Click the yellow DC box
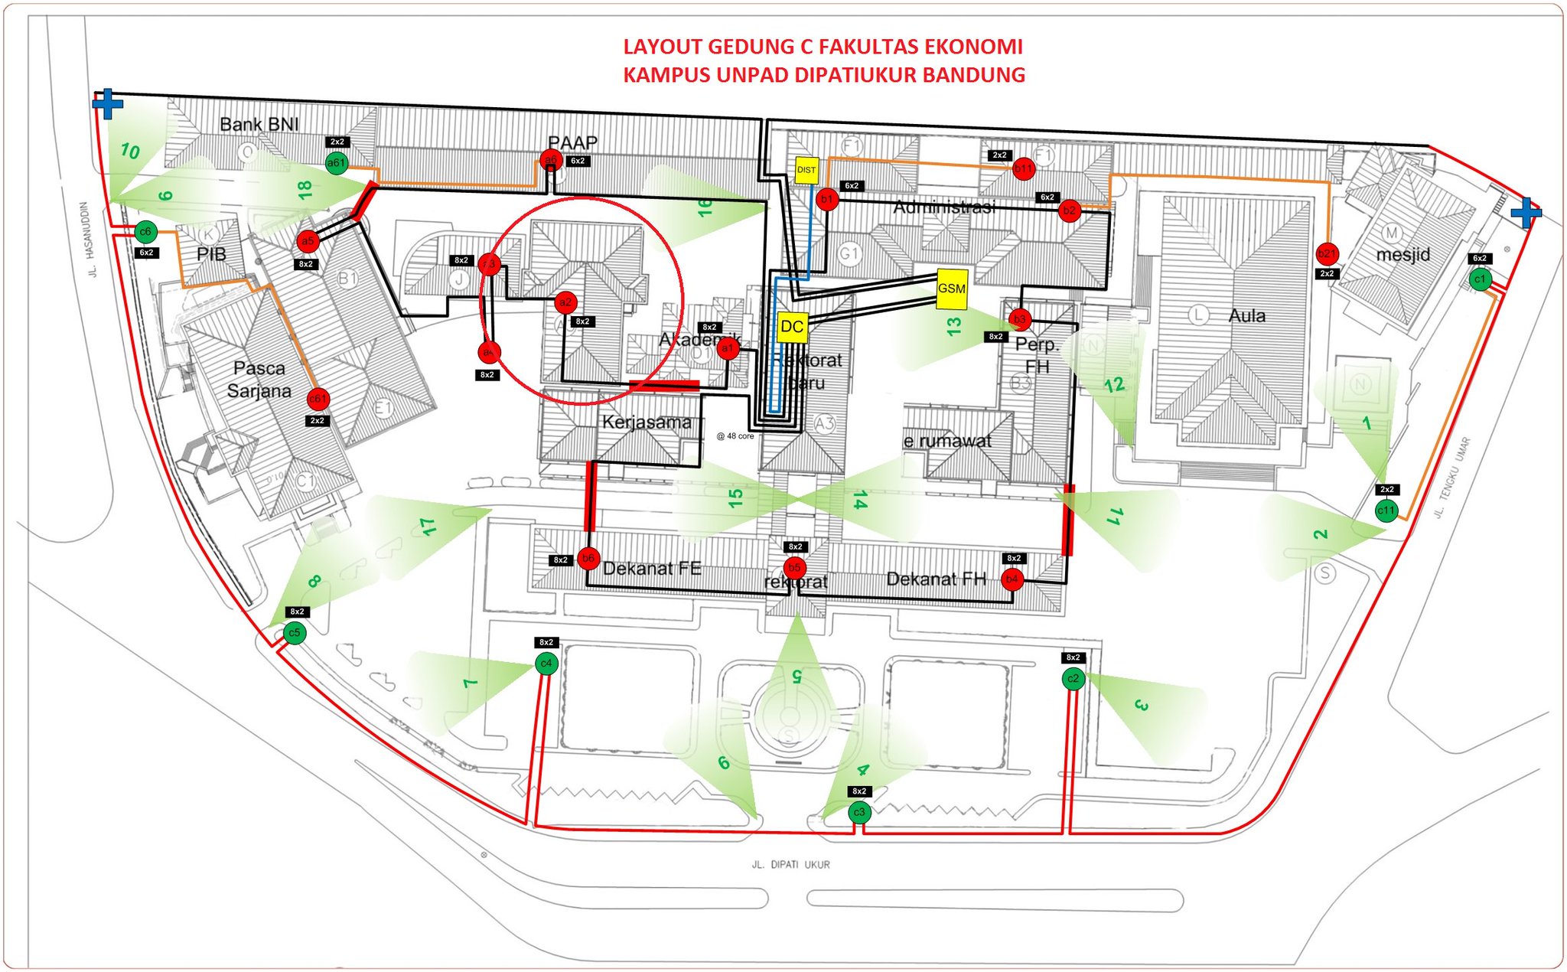tap(792, 327)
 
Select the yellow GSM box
tap(951, 289)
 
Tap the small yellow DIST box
tap(806, 170)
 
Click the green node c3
tap(859, 811)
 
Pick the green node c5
tap(295, 632)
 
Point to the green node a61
tap(337, 163)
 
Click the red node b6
tap(588, 558)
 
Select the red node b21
tap(1327, 253)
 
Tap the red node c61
tap(318, 398)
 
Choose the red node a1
tap(727, 349)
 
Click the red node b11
tap(1023, 168)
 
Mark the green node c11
tap(1386, 510)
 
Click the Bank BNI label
tap(259, 124)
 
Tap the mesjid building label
tap(1402, 254)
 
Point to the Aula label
tap(1246, 315)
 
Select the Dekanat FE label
tap(652, 568)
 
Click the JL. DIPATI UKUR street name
tap(790, 864)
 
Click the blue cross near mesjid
tap(1525, 212)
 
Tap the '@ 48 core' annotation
tap(735, 436)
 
